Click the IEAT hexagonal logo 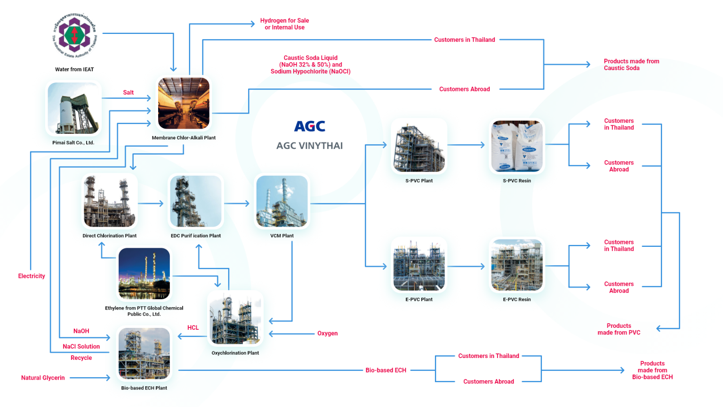[x=74, y=35]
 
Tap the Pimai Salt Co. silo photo [x=74, y=108]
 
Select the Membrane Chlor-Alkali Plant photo [x=184, y=104]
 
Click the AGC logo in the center [x=310, y=126]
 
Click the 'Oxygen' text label [x=327, y=334]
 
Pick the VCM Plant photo [x=282, y=202]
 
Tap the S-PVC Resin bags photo [x=517, y=146]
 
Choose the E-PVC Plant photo [x=419, y=265]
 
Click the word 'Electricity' [x=32, y=276]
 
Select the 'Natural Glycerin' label [x=43, y=378]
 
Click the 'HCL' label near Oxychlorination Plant [x=193, y=328]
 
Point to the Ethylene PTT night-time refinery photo [x=144, y=274]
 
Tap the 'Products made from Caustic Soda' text [x=631, y=65]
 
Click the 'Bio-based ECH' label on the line [x=386, y=370]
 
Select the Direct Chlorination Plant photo [x=110, y=202]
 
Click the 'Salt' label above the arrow [x=129, y=93]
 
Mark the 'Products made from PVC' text [x=619, y=329]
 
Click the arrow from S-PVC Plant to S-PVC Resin [x=466, y=145]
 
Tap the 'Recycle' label [x=81, y=358]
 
